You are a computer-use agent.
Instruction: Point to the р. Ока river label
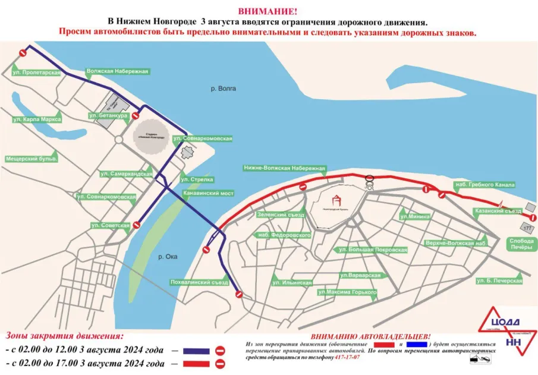(169, 256)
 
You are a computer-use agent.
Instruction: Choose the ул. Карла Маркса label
(37, 119)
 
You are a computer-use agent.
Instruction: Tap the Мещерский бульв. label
(32, 159)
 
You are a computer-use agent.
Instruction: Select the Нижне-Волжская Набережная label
(284, 168)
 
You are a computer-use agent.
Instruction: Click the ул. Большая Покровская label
(370, 250)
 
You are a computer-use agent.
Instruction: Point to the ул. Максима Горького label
(348, 292)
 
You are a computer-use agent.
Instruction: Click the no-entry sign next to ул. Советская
(137, 225)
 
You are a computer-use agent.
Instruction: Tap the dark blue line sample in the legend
(197, 350)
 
